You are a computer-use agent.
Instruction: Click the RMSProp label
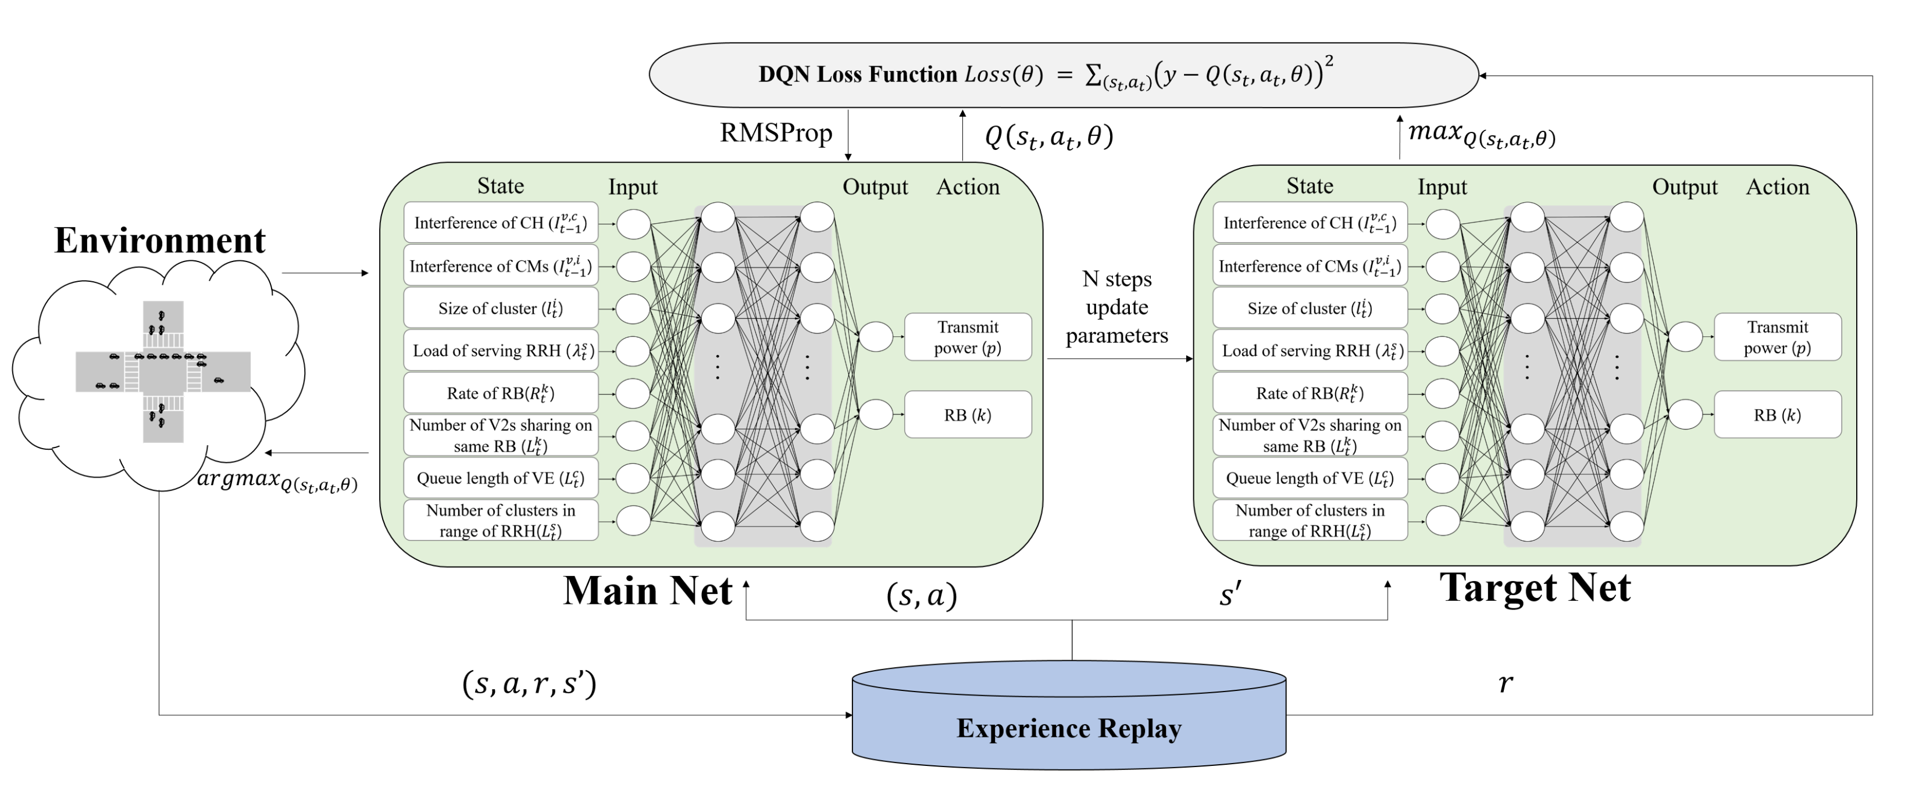coord(776,134)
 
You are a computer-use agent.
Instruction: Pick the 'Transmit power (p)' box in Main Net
coord(967,338)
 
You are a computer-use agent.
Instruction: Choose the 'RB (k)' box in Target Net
coord(1777,415)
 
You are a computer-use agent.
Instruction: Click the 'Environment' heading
coord(159,241)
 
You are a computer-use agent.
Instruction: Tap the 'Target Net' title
coord(1535,588)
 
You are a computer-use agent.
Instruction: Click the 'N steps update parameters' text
coord(1116,307)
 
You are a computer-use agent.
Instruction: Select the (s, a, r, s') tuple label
coord(529,683)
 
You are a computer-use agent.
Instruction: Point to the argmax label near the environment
coord(277,481)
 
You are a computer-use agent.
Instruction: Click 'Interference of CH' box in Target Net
coord(1310,223)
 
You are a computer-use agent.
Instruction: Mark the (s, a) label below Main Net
coord(921,595)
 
